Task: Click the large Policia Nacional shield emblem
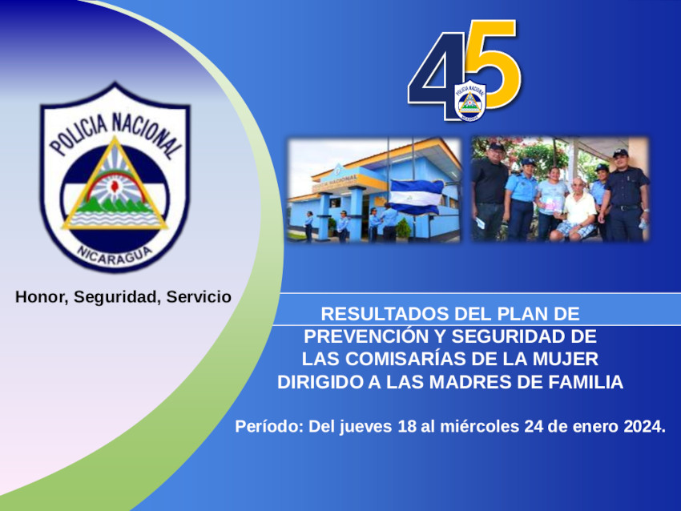[x=115, y=177]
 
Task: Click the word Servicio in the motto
[x=199, y=297]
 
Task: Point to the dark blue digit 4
[x=437, y=76]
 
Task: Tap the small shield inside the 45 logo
[x=470, y=101]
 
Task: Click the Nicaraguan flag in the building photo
[x=416, y=197]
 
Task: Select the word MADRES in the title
[x=470, y=382]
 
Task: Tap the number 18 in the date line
[x=407, y=427]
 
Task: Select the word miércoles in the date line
[x=479, y=427]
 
